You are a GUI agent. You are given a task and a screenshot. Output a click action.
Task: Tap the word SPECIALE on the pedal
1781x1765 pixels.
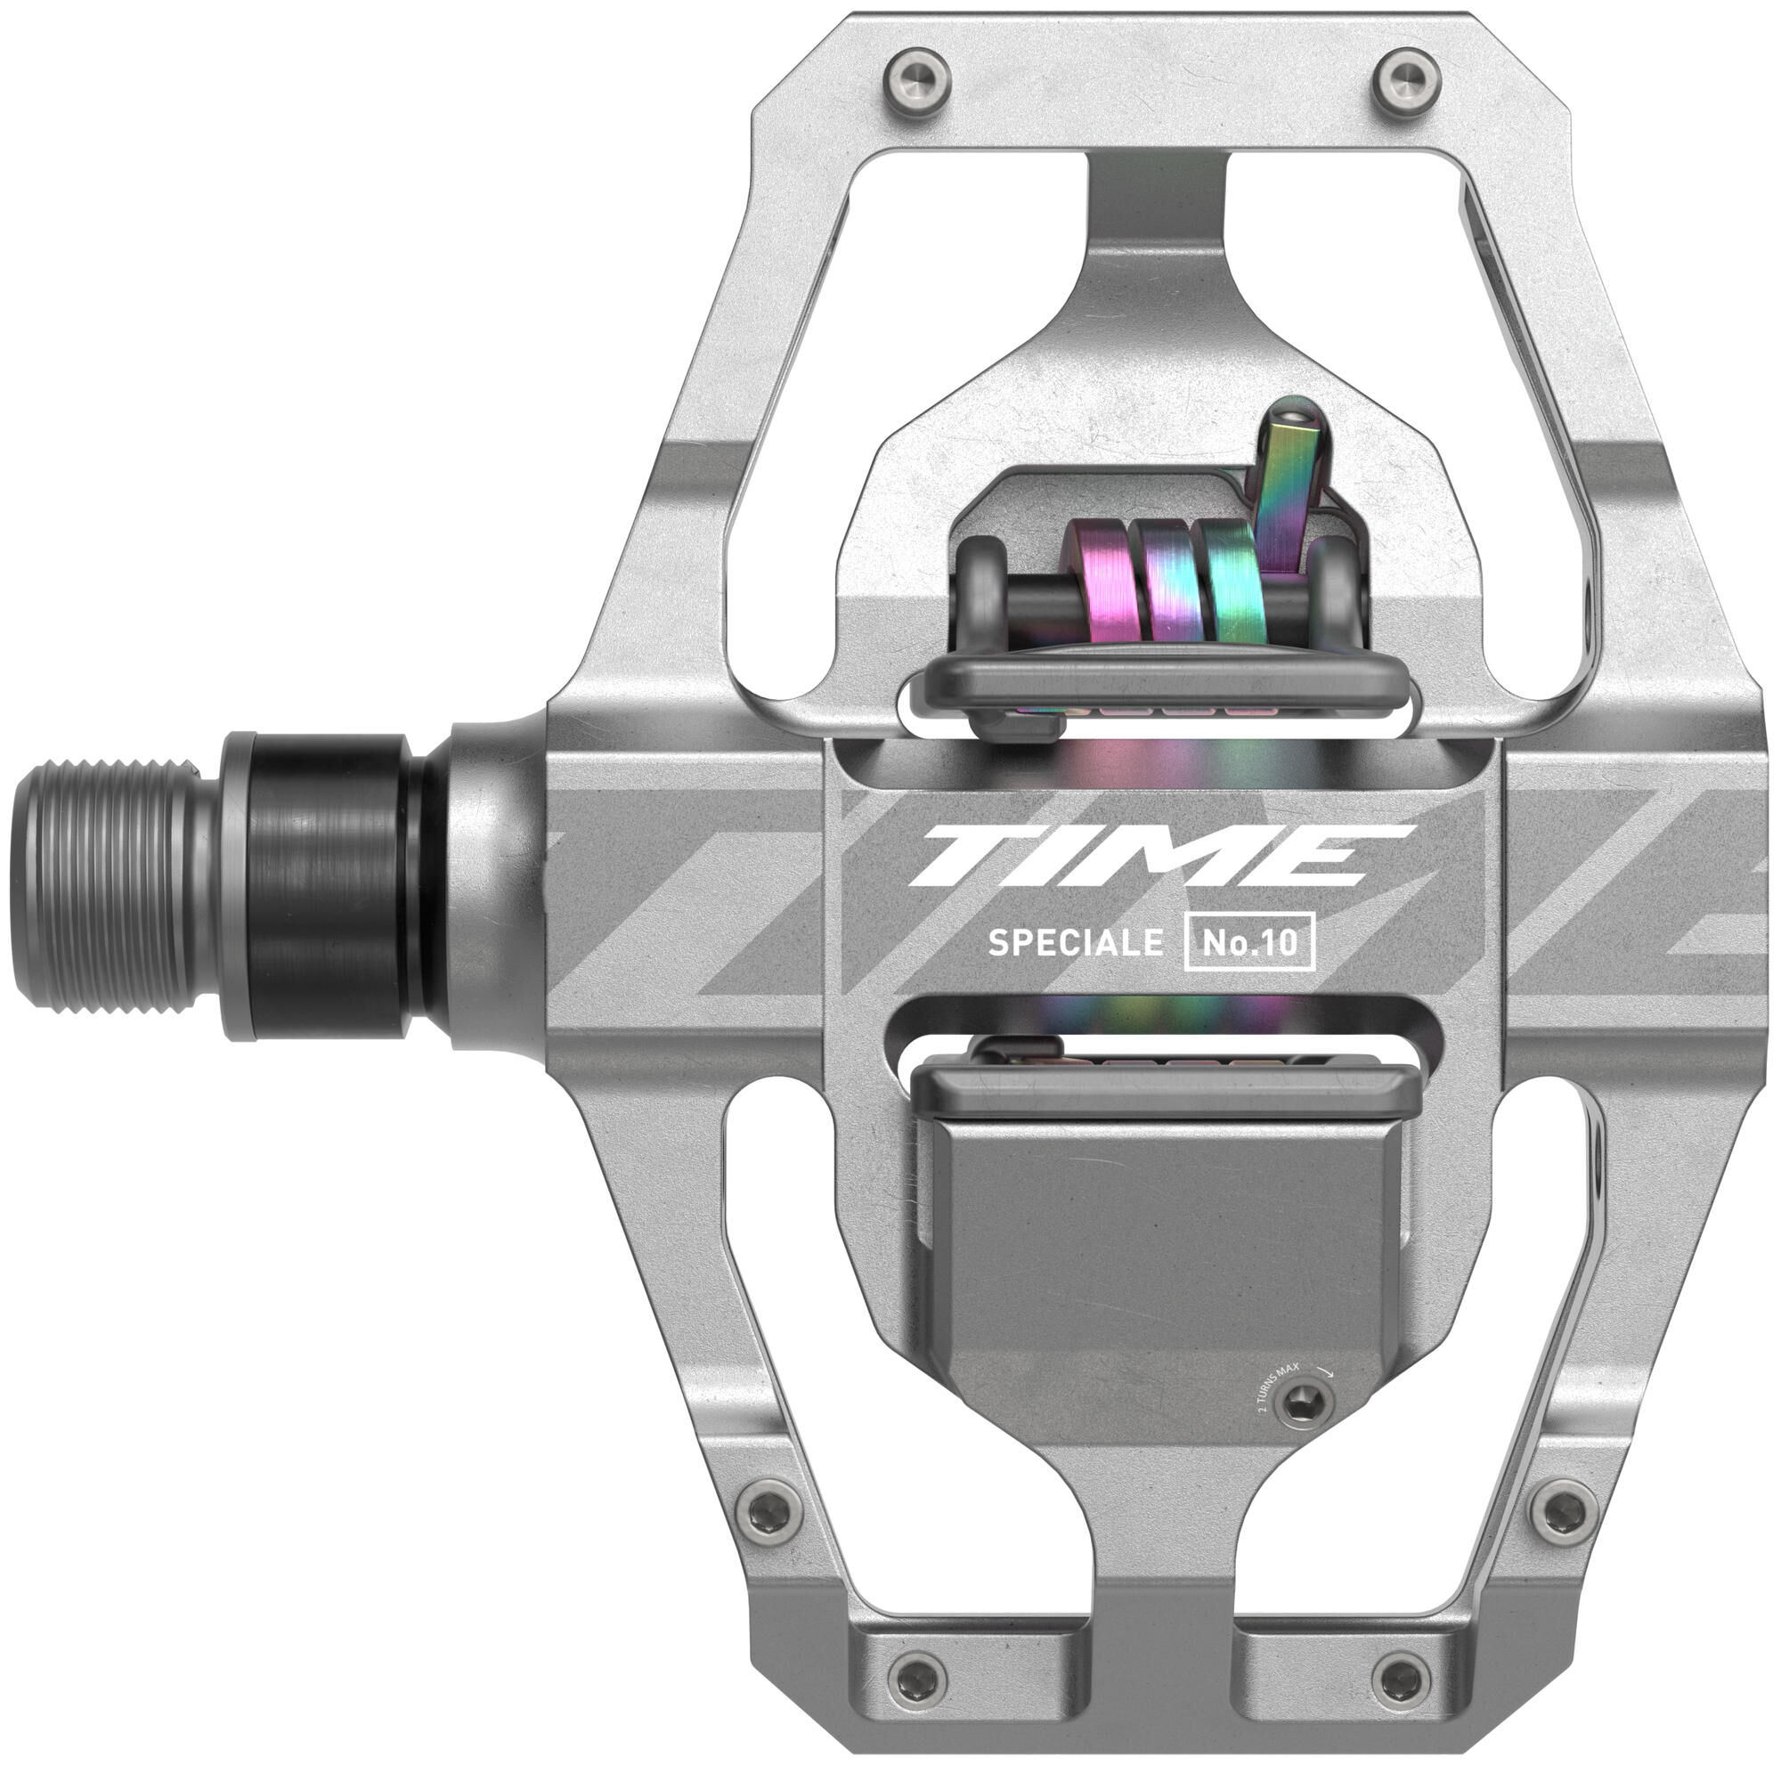[x=1075, y=943]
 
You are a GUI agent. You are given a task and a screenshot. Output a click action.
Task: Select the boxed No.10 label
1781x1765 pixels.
[x=1249, y=942]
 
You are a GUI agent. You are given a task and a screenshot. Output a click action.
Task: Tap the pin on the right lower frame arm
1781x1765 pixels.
[x=1562, y=1508]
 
